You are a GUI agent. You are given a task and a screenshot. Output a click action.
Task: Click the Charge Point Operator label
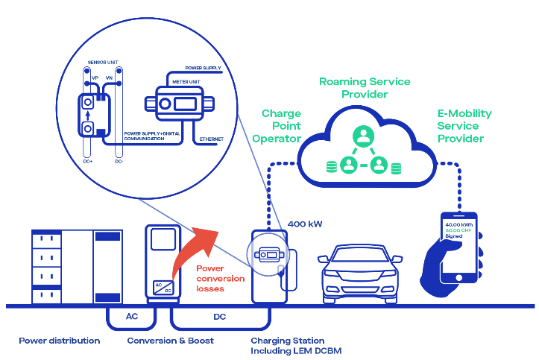coord(280,126)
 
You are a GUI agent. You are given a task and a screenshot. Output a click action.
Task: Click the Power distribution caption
coord(60,340)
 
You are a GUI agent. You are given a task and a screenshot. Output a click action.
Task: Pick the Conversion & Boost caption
coord(170,340)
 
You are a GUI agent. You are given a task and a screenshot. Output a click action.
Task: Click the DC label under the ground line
coord(219,317)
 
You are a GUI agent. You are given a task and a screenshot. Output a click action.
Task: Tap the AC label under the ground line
coord(131,317)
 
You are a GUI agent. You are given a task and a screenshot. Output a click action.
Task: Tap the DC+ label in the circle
coord(88,161)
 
